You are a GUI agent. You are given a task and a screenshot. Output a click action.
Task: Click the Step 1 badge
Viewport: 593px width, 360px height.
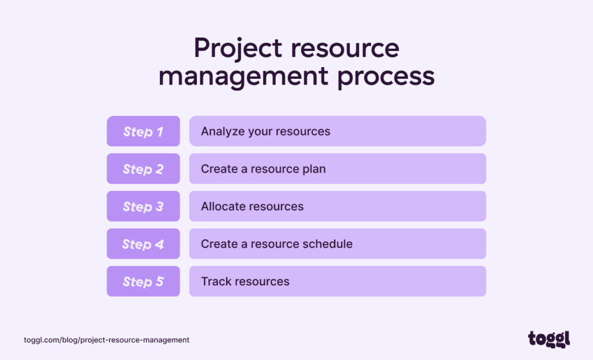point(143,131)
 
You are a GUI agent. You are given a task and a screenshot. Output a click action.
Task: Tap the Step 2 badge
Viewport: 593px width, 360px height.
point(143,169)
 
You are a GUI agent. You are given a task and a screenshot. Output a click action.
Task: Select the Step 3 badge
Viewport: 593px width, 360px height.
point(143,207)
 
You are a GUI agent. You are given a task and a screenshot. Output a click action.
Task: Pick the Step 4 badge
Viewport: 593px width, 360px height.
point(143,244)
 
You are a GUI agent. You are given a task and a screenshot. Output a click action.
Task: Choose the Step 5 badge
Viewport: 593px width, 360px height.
point(143,282)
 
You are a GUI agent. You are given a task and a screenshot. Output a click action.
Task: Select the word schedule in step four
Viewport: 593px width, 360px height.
point(328,244)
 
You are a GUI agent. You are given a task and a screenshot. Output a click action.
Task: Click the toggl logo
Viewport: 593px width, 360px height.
point(548,339)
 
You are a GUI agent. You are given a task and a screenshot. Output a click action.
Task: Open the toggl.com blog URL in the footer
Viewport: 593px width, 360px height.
point(107,340)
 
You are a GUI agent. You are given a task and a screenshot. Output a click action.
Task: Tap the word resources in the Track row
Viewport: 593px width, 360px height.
point(261,282)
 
